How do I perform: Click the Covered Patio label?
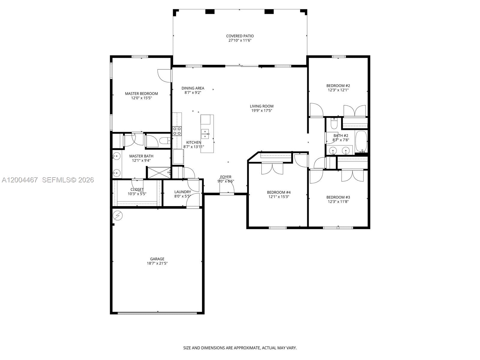coord(240,36)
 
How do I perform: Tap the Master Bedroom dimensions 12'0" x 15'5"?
coord(141,98)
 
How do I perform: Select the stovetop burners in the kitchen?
coord(177,131)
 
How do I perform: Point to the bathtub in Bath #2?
coord(361,142)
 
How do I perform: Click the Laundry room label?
coord(182,192)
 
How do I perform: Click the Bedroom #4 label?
coord(279,192)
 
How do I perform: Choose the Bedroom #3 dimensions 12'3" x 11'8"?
coord(338,202)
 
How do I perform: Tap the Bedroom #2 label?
coord(338,85)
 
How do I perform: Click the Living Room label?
coord(262,106)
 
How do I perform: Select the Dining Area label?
coord(193,88)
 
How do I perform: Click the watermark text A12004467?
coord(20,180)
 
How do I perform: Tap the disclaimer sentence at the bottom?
coord(240,348)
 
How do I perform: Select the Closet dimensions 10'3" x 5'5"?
coord(137,194)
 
